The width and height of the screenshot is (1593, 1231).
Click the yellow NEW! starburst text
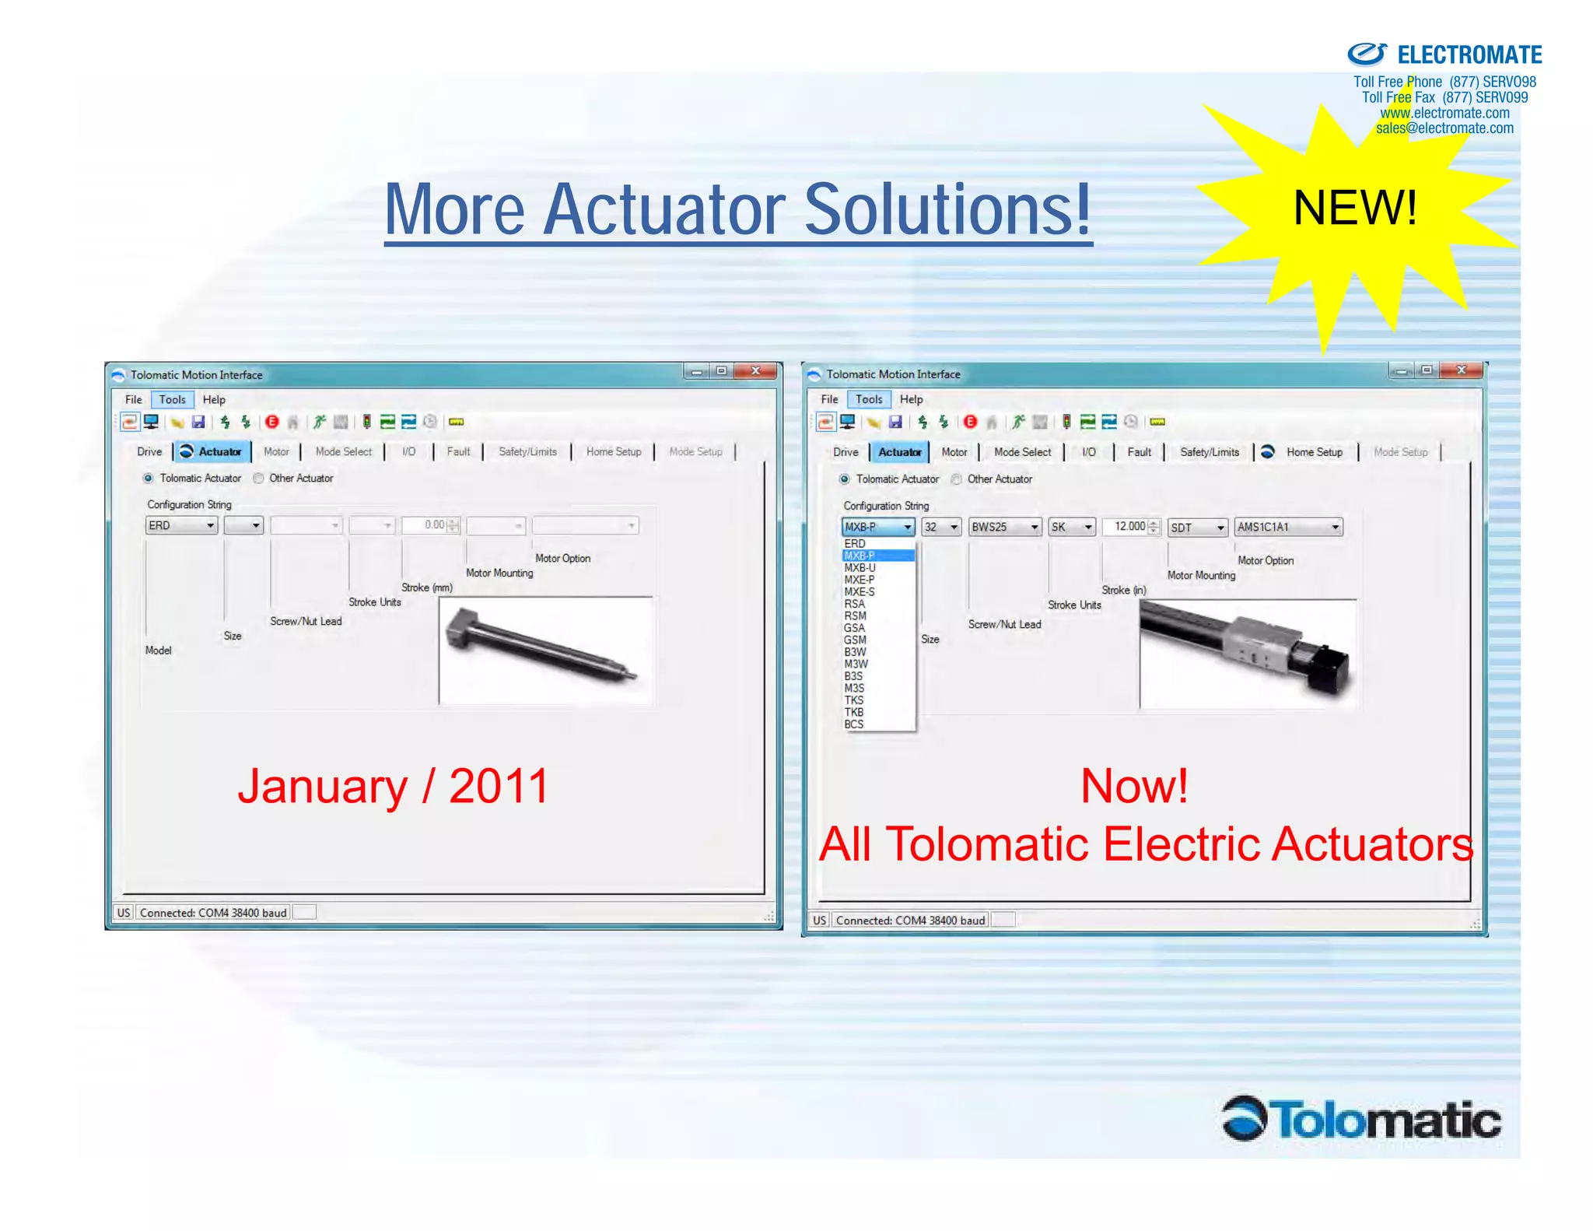[x=1354, y=209]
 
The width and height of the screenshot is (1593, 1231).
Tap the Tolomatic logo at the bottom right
[x=1361, y=1121]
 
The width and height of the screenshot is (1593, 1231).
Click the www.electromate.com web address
[x=1444, y=113]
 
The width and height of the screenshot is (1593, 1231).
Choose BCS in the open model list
[x=854, y=724]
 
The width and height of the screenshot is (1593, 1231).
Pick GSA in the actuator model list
[x=855, y=628]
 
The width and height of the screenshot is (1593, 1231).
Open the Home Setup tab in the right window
[x=1314, y=452]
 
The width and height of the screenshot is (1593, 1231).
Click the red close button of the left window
[x=755, y=371]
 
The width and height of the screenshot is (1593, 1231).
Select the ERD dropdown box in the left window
[x=181, y=526]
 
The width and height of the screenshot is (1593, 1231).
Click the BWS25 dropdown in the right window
[x=1004, y=528]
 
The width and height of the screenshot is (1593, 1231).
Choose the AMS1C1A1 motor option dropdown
[x=1288, y=528]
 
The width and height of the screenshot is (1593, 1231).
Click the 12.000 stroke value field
[x=1128, y=527]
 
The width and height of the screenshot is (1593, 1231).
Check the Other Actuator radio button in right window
[x=957, y=479]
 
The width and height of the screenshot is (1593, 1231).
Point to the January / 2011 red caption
[x=393, y=786]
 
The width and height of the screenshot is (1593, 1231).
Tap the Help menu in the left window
[x=214, y=400]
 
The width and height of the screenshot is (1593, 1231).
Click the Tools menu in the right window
[x=869, y=400]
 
